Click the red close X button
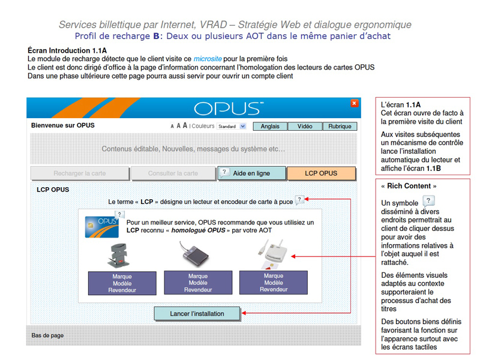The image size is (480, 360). pos(354,103)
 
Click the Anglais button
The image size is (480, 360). pos(270,127)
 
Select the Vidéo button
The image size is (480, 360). pos(305,127)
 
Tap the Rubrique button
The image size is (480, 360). pos(340,127)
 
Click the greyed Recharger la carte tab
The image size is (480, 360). pos(80,173)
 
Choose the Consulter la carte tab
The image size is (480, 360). pos(173,173)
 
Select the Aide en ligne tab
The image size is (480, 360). pos(251,173)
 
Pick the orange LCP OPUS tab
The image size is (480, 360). pos(321,173)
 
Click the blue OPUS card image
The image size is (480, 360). pos(101,227)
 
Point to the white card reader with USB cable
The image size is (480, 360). pos(274,253)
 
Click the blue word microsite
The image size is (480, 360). pos(208,59)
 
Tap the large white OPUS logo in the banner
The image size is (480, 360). pos(229,109)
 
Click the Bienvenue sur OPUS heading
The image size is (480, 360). pos(63,125)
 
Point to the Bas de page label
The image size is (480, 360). pos(47,335)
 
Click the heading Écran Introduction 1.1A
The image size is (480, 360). pos(67,50)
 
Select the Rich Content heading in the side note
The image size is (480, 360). pos(409,186)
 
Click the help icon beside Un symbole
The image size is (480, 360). pos(428,201)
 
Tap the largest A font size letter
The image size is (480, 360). pos(185,125)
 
